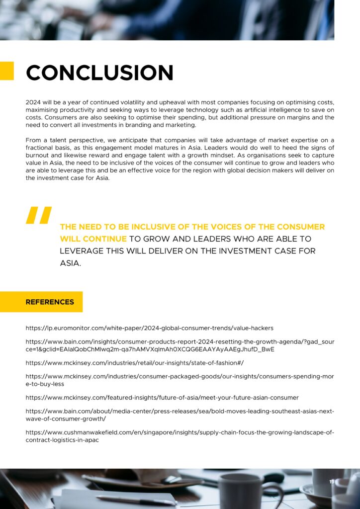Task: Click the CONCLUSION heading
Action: (x=99, y=73)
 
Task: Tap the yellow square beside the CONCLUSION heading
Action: (x=6, y=71)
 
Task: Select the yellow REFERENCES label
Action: (x=50, y=302)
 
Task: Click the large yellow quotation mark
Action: (x=38, y=215)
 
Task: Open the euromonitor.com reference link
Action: (x=149, y=328)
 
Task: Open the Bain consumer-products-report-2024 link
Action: (x=180, y=345)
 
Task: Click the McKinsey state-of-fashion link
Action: (x=134, y=363)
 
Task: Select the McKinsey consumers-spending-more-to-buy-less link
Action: (x=180, y=380)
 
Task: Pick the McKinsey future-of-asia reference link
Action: (x=162, y=398)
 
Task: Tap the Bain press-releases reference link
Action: (x=180, y=415)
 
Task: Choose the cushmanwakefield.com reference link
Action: (x=180, y=436)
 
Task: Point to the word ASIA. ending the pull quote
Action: (x=70, y=263)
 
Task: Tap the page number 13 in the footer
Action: (x=332, y=482)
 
